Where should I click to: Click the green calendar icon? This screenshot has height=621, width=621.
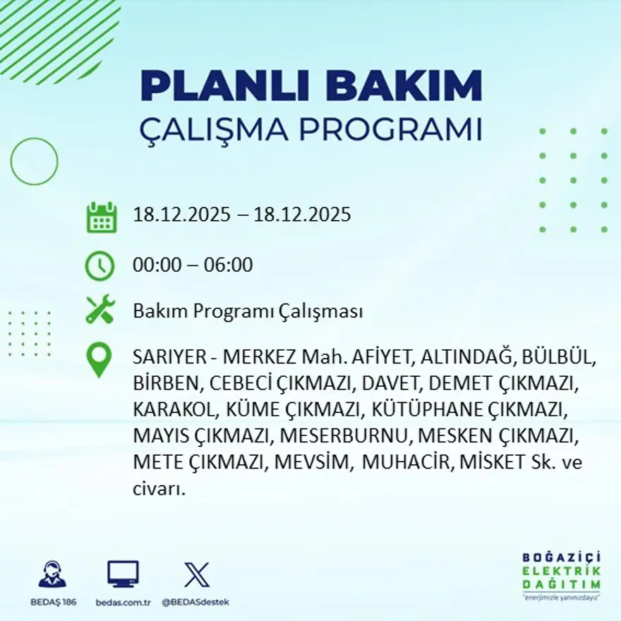pos(102,217)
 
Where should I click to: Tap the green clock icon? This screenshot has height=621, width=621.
pos(100,265)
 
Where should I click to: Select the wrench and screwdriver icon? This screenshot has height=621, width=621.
pos(100,310)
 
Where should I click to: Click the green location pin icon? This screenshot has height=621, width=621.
pos(99,359)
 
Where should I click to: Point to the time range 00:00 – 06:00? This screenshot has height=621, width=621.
pos(193,265)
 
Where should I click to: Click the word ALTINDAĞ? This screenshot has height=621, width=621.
pos(467,358)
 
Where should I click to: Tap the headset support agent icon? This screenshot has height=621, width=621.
pos(52,575)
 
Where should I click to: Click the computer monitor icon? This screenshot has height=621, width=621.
pos(123,574)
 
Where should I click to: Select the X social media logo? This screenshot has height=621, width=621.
pos(196,574)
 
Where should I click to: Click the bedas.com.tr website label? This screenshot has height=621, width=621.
pos(123,602)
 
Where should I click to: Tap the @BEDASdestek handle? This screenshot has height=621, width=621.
pos(195,602)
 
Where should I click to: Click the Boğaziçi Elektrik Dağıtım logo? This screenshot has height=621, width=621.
pos(562,574)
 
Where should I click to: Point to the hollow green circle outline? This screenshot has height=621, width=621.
pos(34,162)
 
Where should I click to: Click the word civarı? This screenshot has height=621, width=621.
pos(159,488)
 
